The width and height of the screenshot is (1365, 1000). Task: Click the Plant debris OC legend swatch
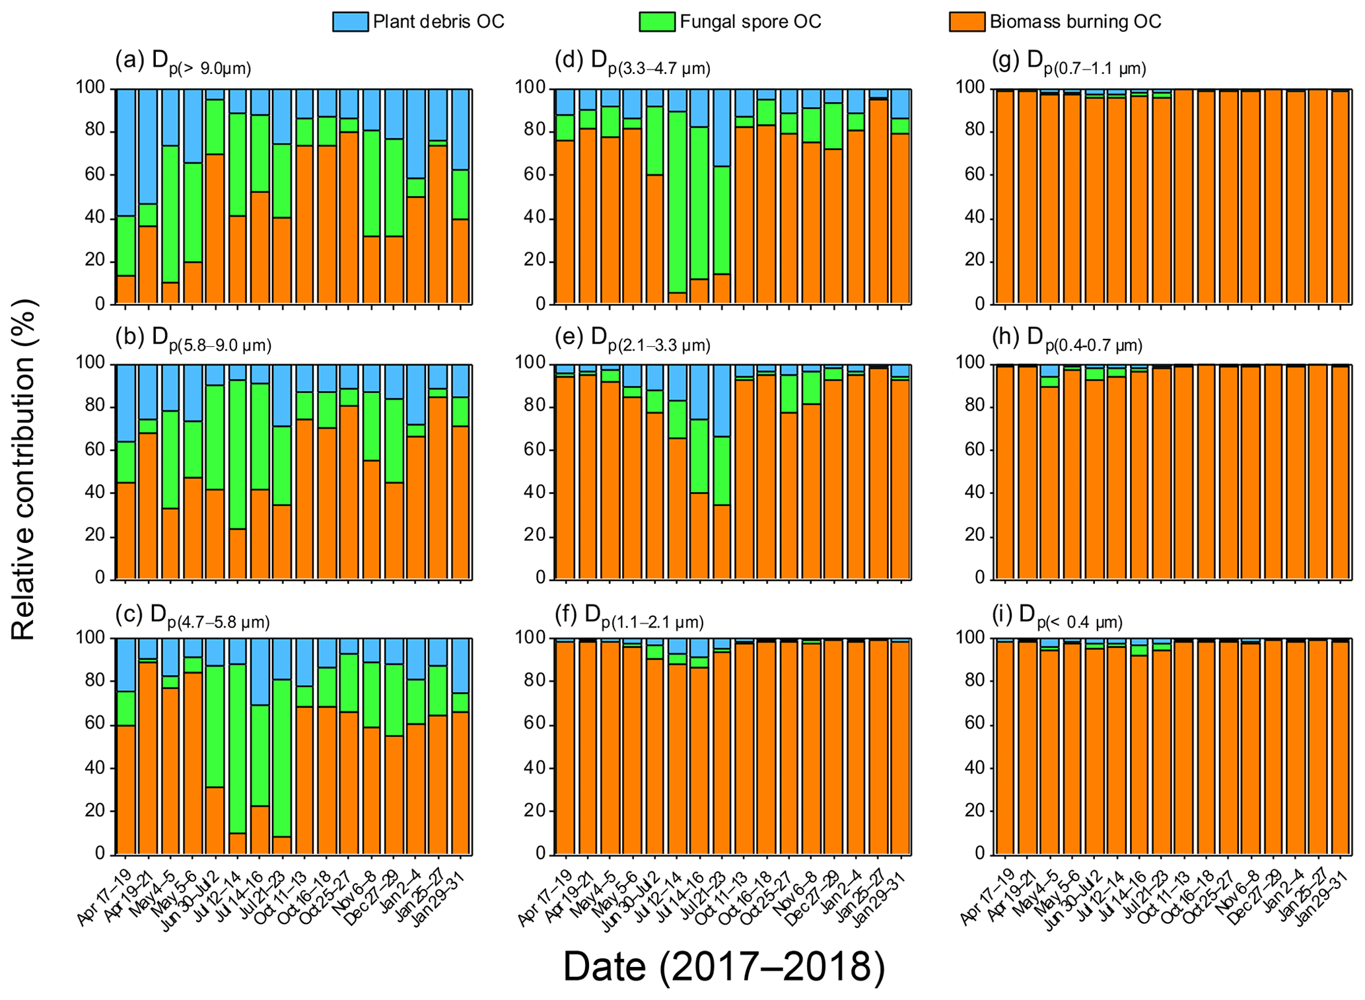pos(351,22)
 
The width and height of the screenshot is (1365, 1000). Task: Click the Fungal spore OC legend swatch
pos(657,22)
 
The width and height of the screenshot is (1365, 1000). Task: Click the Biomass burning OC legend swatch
pos(967,22)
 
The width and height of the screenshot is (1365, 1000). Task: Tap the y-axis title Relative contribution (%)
pos(24,470)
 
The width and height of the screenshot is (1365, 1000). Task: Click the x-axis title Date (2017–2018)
pos(723,966)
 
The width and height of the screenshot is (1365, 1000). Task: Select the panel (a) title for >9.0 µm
pos(183,62)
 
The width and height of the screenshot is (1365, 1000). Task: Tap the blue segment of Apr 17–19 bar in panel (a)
pos(126,152)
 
